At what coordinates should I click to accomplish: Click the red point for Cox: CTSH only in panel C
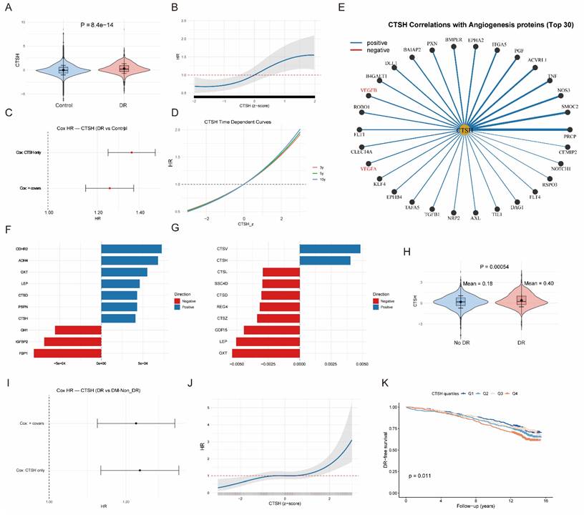pos(132,152)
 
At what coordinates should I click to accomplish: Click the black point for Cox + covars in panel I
pos(135,423)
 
